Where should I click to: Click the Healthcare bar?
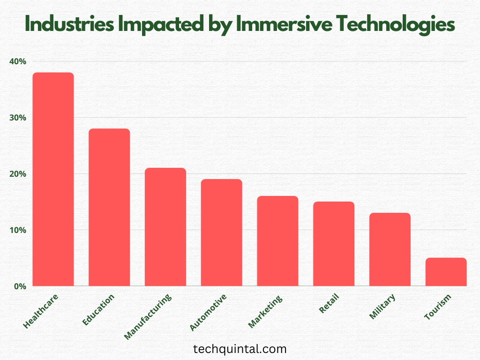pyautogui.click(x=53, y=179)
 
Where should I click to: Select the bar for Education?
pyautogui.click(x=109, y=207)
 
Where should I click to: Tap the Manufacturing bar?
pyautogui.click(x=165, y=227)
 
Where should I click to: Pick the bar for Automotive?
pyautogui.click(x=221, y=232)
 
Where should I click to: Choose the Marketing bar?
pyautogui.click(x=277, y=241)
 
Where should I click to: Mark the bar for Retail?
pyautogui.click(x=334, y=244)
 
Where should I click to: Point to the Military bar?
pyautogui.click(x=390, y=249)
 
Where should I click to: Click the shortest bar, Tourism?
pyautogui.click(x=446, y=272)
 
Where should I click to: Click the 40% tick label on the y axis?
pyautogui.click(x=17, y=61)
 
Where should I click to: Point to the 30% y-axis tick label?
pyautogui.click(x=17, y=118)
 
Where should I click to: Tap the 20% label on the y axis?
pyautogui.click(x=17, y=174)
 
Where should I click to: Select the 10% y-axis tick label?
pyautogui.click(x=17, y=230)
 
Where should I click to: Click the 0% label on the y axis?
pyautogui.click(x=19, y=286)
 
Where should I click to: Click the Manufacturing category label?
pyautogui.click(x=149, y=316)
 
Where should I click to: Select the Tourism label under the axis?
pyautogui.click(x=438, y=307)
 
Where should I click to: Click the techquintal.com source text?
pyautogui.click(x=240, y=349)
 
